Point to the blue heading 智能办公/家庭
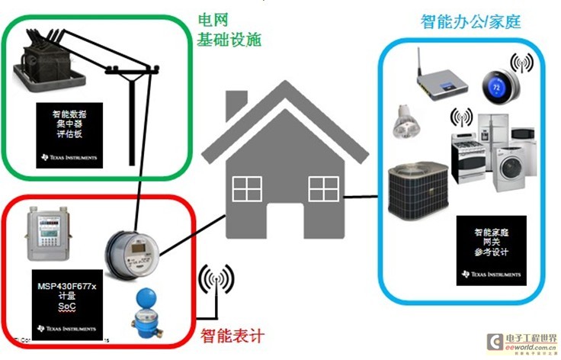tap(470, 21)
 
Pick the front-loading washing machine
tap(509, 168)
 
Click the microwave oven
tap(523, 133)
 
